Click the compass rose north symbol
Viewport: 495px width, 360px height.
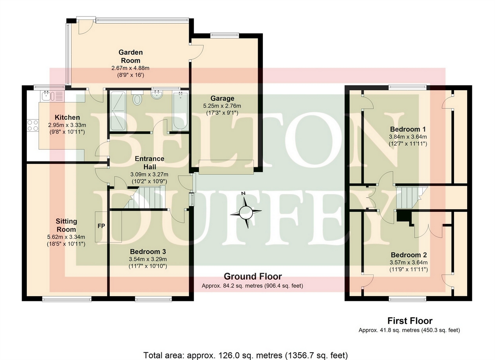[x=246, y=212]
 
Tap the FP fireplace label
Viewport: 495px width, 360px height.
[x=101, y=226]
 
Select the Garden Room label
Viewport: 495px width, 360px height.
[x=131, y=56]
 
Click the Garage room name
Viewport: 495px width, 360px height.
[x=222, y=98]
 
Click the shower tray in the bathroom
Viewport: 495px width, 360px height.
[x=118, y=110]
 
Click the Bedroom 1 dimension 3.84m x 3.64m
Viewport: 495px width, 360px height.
[x=408, y=137]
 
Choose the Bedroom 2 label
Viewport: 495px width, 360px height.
[x=408, y=255]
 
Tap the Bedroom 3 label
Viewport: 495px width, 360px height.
[x=148, y=251]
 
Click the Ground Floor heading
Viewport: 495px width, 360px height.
[x=253, y=276]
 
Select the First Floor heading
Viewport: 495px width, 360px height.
[x=410, y=321]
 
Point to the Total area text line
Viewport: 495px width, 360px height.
[x=245, y=355]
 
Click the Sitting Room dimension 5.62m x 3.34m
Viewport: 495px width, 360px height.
[x=66, y=237]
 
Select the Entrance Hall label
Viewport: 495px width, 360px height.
[x=149, y=163]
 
